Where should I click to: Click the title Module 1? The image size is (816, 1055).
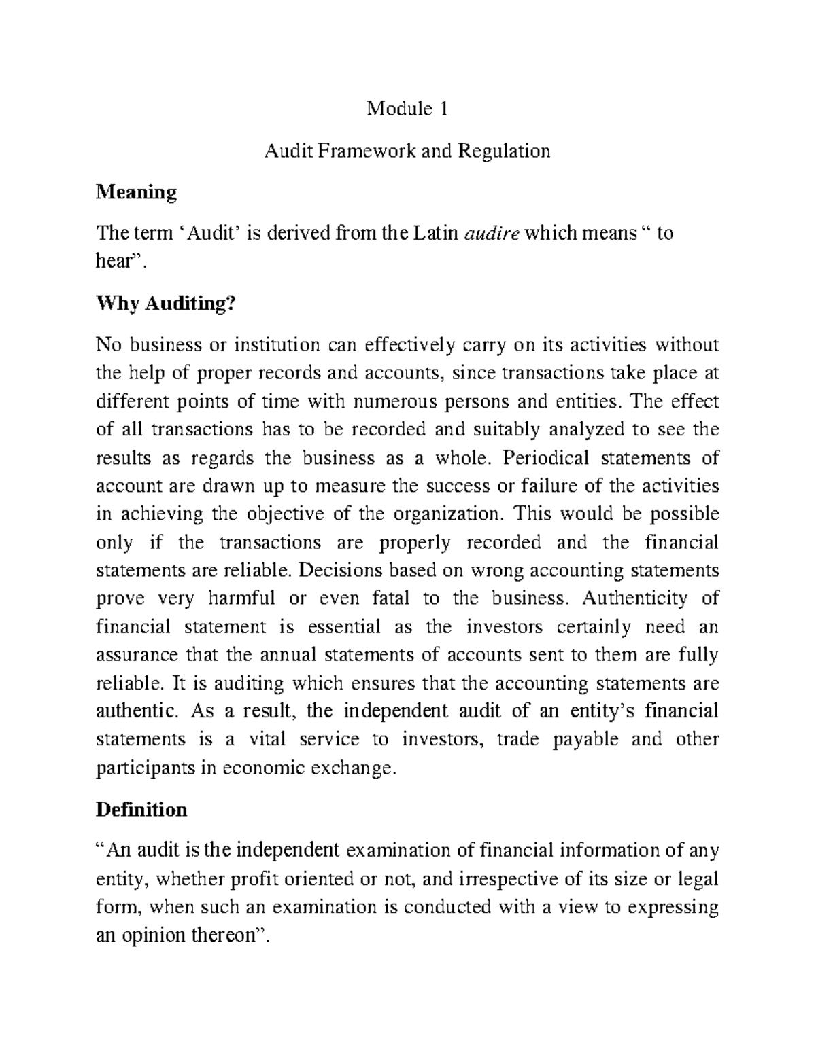point(407,109)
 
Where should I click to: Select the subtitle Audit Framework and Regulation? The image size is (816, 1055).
point(407,150)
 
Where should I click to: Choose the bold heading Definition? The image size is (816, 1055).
point(141,810)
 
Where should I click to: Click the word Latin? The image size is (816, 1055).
point(434,234)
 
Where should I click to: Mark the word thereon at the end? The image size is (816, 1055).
point(232,935)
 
